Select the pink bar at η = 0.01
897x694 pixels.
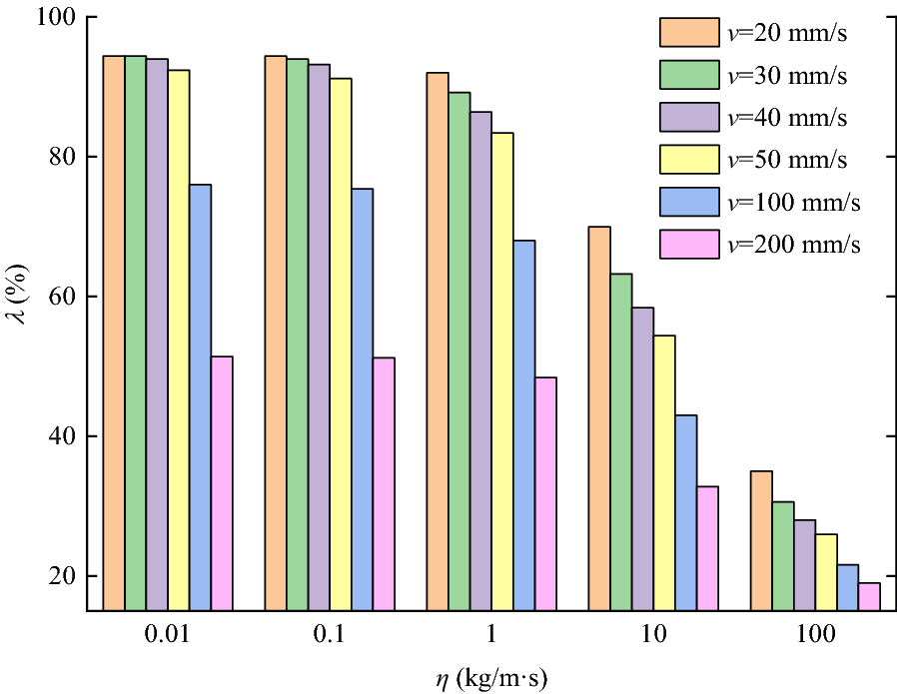coord(222,483)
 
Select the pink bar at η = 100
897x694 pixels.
coord(869,596)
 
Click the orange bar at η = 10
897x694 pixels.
coord(599,418)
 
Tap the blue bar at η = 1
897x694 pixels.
coord(524,425)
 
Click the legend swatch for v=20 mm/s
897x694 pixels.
coord(689,32)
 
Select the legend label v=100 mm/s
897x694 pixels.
coord(794,202)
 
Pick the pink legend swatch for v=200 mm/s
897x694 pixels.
coord(689,245)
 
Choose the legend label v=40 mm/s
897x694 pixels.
coord(788,117)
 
